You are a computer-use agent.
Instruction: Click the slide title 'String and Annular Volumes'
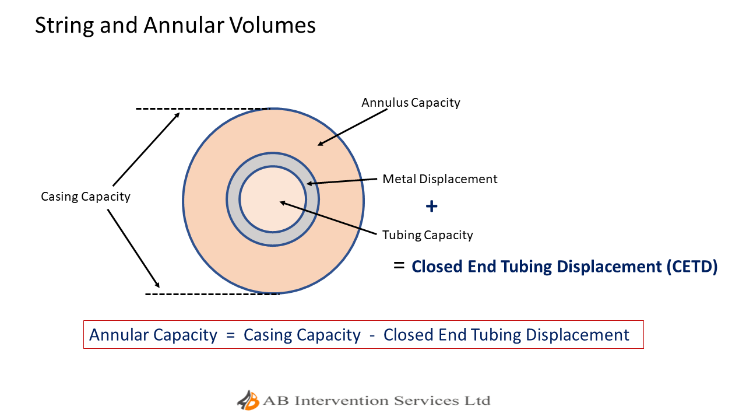[175, 26]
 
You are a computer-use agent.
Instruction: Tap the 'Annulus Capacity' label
[410, 103]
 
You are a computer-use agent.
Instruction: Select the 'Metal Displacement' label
[439, 179]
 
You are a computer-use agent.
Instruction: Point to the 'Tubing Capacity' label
[427, 235]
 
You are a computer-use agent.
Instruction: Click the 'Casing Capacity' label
[85, 197]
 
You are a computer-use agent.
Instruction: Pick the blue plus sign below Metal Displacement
[431, 206]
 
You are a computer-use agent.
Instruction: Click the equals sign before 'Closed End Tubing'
[399, 265]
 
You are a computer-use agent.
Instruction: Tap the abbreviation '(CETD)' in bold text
[692, 267]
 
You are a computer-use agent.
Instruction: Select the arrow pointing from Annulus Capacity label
[353, 127]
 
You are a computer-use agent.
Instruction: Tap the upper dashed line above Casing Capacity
[202, 108]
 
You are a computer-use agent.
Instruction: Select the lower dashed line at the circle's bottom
[212, 293]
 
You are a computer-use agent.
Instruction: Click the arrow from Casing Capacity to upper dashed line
[146, 148]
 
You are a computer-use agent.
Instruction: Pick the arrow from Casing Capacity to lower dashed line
[133, 248]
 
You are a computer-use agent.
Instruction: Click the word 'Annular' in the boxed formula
[121, 335]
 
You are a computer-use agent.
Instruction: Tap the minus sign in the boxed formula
[372, 335]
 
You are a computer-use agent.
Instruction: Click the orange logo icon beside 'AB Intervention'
[248, 401]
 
